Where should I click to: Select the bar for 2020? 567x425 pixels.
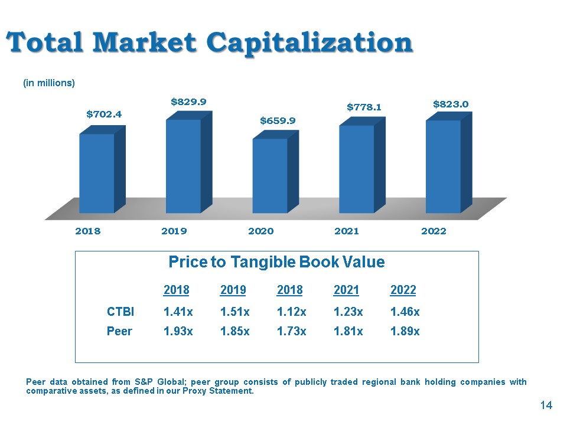pyautogui.click(x=276, y=172)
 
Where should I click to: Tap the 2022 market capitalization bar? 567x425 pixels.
pyautogui.click(x=449, y=163)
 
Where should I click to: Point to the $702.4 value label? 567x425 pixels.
pyautogui.click(x=104, y=115)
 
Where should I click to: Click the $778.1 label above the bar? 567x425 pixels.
pyautogui.click(x=364, y=107)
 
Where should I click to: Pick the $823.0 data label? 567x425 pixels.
pyautogui.click(x=451, y=104)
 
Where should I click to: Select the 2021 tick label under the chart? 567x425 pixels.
pyautogui.click(x=347, y=231)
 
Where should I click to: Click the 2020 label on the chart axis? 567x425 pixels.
pyautogui.click(x=260, y=231)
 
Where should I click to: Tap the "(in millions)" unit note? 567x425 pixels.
pyautogui.click(x=49, y=83)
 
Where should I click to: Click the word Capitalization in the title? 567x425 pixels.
pyautogui.click(x=309, y=43)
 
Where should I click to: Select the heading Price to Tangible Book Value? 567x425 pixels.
pyautogui.click(x=276, y=262)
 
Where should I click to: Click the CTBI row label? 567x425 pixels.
pyautogui.click(x=120, y=312)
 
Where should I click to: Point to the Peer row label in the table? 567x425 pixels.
pyautogui.click(x=119, y=331)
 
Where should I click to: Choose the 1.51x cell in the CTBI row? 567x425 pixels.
pyautogui.click(x=234, y=312)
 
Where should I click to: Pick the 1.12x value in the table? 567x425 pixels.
pyautogui.click(x=291, y=312)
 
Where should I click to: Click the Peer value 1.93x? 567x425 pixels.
pyautogui.click(x=178, y=331)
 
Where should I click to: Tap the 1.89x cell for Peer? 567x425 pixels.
pyautogui.click(x=405, y=331)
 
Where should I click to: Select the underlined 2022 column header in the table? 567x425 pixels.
pyautogui.click(x=403, y=290)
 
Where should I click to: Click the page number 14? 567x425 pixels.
pyautogui.click(x=546, y=405)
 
